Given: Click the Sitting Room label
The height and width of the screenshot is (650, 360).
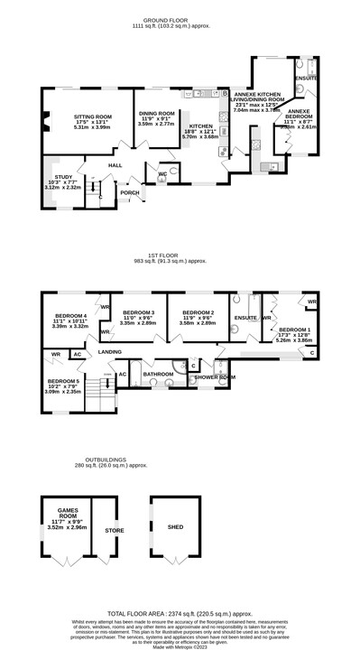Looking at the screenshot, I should coord(92,116).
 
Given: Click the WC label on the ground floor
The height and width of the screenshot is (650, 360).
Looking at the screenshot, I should coord(162,172).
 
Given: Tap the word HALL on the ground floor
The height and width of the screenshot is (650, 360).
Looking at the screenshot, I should coord(115,165).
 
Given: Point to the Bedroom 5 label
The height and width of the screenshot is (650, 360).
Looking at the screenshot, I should coord(64,381).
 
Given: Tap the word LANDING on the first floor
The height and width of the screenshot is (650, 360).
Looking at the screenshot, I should coord(110,350).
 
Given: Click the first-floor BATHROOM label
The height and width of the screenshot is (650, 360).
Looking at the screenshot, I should coord(158,372).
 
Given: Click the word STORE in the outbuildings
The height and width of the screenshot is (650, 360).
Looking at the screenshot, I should coord(114,530).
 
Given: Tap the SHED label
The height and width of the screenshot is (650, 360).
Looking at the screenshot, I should coord(176,527).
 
